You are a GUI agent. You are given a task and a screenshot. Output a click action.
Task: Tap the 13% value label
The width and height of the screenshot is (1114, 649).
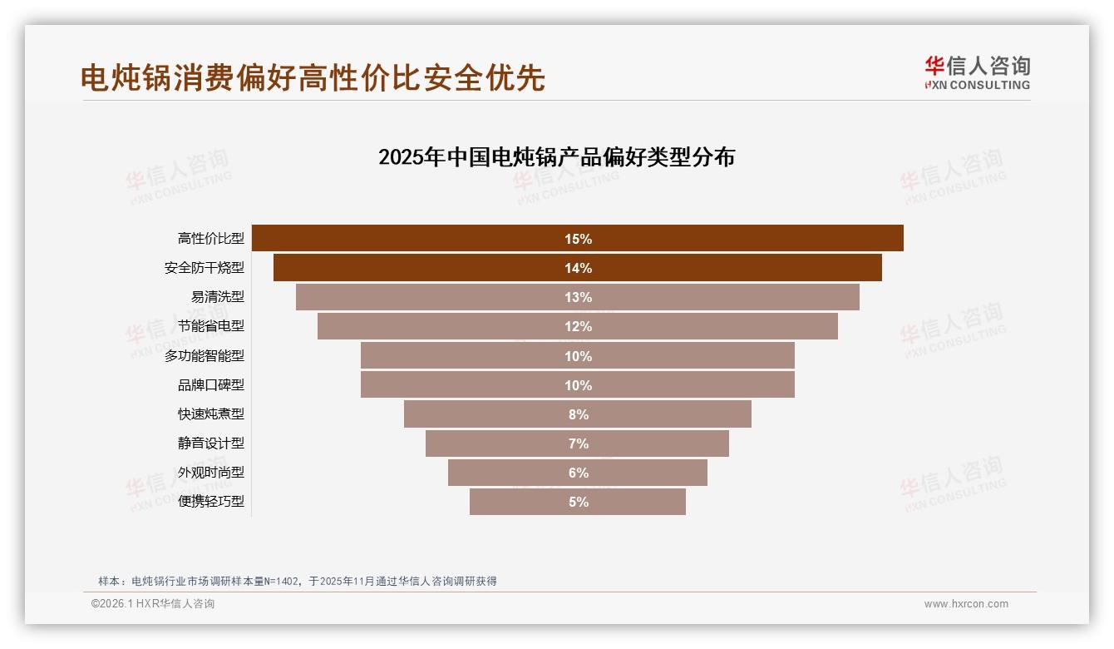578,298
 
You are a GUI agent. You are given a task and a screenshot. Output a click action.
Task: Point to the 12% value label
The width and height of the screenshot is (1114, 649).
578,327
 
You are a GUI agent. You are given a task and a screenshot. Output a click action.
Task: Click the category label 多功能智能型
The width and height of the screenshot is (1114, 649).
205,356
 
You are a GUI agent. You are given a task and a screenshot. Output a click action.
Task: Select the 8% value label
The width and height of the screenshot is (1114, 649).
578,414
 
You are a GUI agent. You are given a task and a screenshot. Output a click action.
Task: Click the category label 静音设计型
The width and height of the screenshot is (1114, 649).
211,443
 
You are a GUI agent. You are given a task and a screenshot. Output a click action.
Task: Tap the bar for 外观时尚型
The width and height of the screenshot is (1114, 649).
515,473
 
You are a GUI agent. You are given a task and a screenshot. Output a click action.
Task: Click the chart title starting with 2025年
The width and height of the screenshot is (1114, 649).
556,157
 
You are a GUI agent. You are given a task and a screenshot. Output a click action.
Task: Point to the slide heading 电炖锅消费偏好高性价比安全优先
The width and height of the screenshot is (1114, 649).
313,77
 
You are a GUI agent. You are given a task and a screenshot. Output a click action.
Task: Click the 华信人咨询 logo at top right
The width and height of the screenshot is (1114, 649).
977,73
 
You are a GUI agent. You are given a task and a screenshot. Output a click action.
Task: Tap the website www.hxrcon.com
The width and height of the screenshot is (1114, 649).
966,604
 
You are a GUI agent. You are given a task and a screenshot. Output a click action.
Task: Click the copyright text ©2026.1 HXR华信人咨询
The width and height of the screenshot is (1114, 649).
153,604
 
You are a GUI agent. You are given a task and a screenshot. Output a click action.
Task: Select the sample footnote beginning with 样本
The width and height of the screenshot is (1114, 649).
297,581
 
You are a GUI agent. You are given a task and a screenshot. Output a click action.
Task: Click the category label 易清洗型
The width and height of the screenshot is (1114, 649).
218,298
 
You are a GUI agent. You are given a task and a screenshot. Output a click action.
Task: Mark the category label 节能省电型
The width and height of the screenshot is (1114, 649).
211,327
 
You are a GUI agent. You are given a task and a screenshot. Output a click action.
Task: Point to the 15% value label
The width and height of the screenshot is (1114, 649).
578,239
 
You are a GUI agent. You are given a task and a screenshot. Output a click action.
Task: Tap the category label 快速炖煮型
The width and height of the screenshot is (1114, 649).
211,414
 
